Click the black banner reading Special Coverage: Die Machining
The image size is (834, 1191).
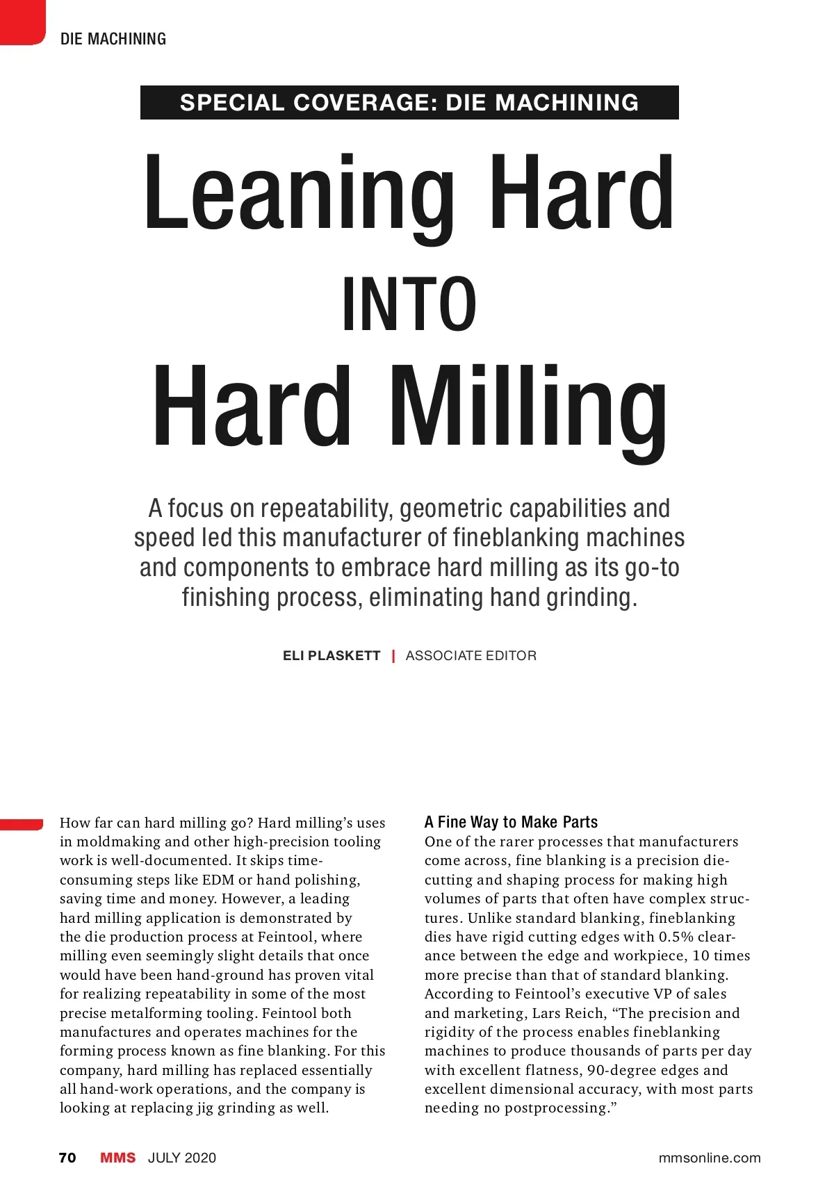pyautogui.click(x=409, y=103)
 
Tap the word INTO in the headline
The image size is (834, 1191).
pyautogui.click(x=409, y=306)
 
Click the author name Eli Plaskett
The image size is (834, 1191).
pyautogui.click(x=332, y=656)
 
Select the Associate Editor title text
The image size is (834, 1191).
pyautogui.click(x=471, y=656)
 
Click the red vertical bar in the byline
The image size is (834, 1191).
pyautogui.click(x=393, y=655)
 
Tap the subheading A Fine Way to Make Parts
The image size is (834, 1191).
pyautogui.click(x=511, y=822)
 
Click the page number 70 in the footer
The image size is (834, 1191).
pyautogui.click(x=67, y=1158)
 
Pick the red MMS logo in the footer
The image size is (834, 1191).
pyautogui.click(x=118, y=1158)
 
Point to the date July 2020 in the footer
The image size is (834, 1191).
pyautogui.click(x=182, y=1158)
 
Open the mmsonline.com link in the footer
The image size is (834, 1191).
pyautogui.click(x=709, y=1158)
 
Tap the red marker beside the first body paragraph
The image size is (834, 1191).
pyautogui.click(x=22, y=824)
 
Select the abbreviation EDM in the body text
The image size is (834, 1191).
pyautogui.click(x=218, y=880)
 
